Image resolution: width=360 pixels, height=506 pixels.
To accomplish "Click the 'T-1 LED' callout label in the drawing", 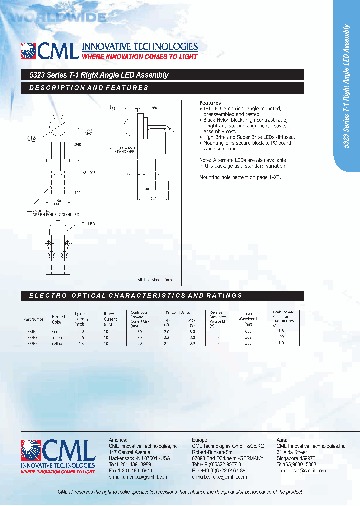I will [88, 224].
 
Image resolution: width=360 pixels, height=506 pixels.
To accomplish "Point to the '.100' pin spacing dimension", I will [63, 192].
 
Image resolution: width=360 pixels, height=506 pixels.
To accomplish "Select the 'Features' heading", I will [210, 102].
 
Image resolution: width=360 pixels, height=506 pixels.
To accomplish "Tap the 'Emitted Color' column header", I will [59, 318].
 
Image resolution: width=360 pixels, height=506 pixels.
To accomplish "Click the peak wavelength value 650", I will [249, 331].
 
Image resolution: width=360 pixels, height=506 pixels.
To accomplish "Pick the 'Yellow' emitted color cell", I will [58, 344].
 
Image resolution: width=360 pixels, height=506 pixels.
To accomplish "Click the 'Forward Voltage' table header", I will [179, 313].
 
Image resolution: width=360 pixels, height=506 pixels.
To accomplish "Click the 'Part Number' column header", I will [34, 319].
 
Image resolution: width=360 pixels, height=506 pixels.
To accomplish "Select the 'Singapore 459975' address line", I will [296, 458].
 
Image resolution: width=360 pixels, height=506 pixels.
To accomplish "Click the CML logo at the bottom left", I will [58, 456].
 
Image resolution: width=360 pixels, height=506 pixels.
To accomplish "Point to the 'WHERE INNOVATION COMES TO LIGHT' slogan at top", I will [139, 57].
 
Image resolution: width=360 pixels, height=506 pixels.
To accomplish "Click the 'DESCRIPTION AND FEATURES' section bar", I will [162, 88].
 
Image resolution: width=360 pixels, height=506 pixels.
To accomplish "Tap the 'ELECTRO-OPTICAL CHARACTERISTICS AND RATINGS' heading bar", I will [162, 296].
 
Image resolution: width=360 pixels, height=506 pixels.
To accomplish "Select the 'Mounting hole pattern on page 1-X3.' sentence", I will [240, 177].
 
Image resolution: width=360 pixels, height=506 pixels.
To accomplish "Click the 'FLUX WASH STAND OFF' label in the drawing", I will [124, 150].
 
